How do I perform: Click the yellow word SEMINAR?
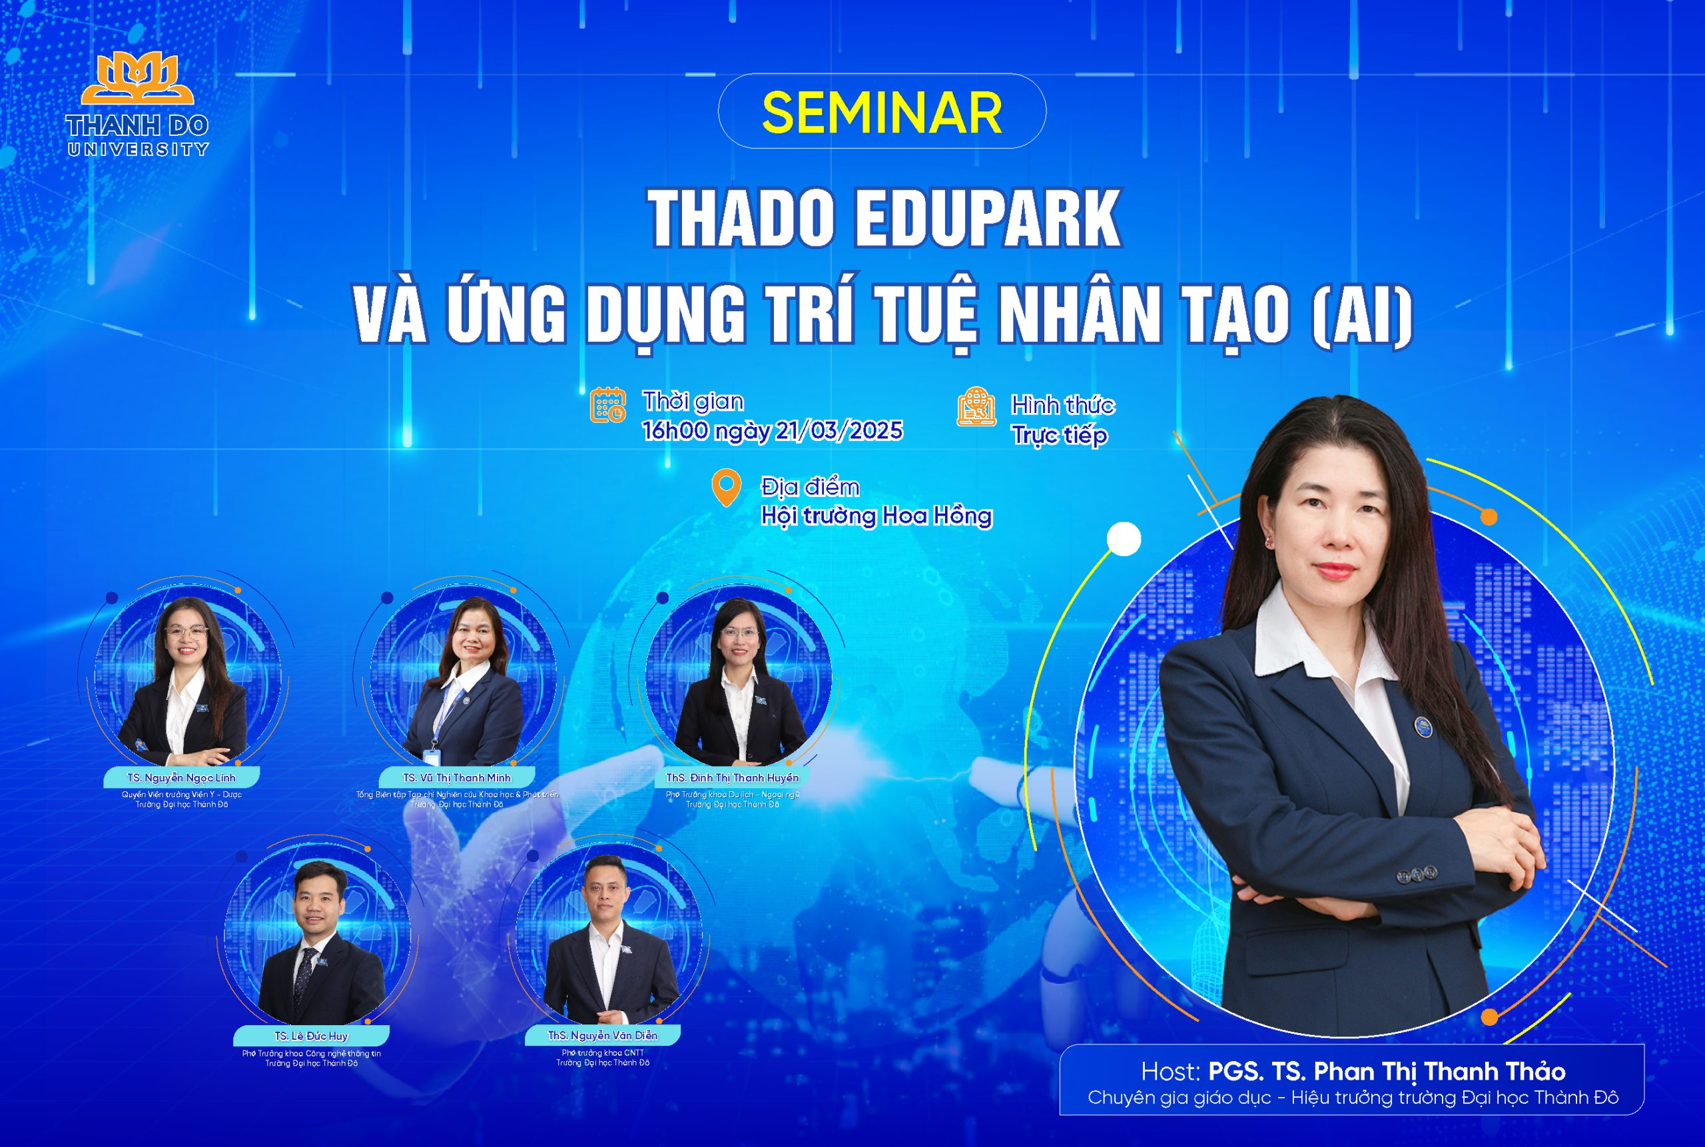881,112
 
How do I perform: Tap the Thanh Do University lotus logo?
137,80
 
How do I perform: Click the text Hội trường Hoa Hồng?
876,516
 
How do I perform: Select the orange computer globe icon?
976,407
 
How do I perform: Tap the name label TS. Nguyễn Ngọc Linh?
181,777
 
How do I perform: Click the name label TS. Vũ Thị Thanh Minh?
456,777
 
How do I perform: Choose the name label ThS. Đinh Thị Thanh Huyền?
732,777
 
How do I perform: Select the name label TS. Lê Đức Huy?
312,1036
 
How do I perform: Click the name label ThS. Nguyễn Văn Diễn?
603,1036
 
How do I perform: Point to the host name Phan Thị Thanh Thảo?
1439,1072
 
